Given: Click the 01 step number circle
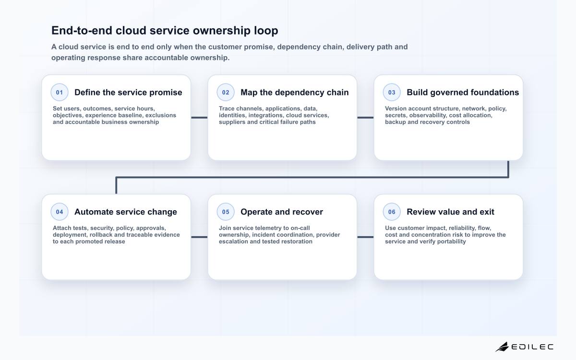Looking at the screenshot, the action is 60,92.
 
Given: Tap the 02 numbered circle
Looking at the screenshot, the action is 226,92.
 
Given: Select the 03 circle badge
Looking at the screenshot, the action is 392,92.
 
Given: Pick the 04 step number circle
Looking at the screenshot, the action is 60,212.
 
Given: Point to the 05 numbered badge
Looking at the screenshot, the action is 226,212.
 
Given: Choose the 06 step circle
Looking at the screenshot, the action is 392,212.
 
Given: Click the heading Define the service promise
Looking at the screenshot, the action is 128,92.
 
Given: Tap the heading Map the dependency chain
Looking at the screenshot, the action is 295,92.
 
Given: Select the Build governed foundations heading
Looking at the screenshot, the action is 463,92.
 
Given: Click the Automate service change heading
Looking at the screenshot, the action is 126,212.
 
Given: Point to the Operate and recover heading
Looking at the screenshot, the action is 282,212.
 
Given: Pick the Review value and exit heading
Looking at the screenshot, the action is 451,212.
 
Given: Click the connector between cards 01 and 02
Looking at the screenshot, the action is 199,118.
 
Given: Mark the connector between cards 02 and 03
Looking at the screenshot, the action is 365,118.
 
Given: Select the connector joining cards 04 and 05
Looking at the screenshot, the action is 199,237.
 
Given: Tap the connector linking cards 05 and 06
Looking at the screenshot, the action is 365,237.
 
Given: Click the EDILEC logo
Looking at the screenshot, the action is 524,347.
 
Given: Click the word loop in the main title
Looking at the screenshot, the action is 266,31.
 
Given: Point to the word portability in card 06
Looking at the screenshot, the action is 452,242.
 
